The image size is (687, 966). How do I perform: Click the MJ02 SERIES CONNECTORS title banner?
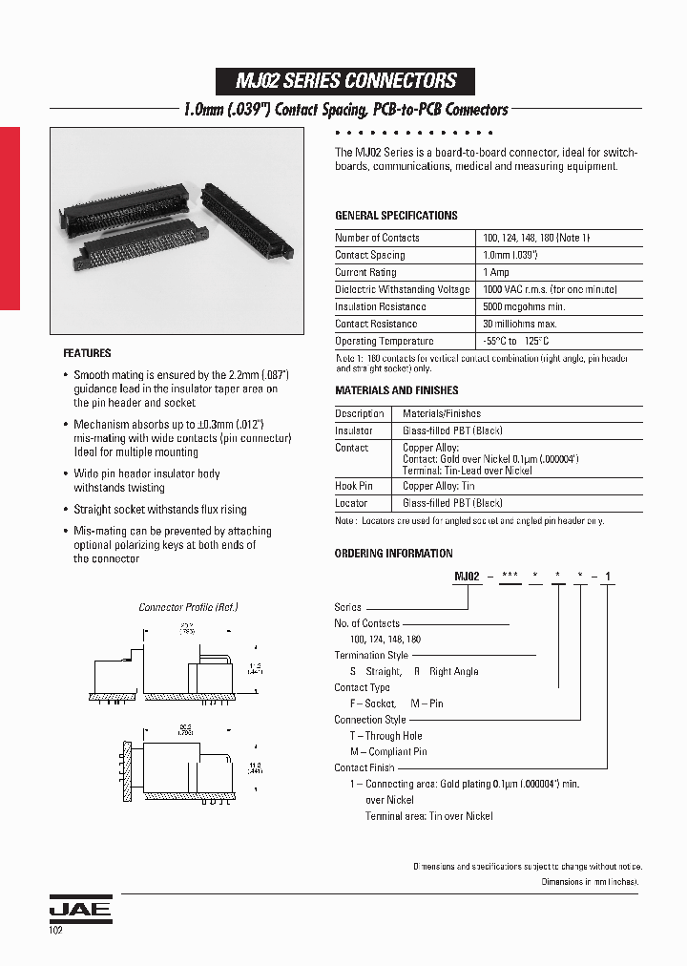pyautogui.click(x=347, y=81)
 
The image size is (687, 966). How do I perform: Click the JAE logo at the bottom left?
pyautogui.click(x=80, y=910)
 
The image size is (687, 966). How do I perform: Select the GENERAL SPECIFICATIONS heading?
pyautogui.click(x=396, y=216)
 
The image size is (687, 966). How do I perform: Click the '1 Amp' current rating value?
pyautogui.click(x=496, y=272)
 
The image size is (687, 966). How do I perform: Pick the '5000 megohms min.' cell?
pyautogui.click(x=524, y=306)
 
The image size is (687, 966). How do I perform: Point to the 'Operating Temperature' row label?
pyautogui.click(x=384, y=341)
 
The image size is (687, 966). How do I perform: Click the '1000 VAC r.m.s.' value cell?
pyautogui.click(x=536, y=289)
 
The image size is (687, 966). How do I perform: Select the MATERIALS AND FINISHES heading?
pyautogui.click(x=396, y=390)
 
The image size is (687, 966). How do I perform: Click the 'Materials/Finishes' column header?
pyautogui.click(x=441, y=413)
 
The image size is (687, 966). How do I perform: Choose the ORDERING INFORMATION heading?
pyautogui.click(x=393, y=554)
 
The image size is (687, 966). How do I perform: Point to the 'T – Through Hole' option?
pyautogui.click(x=385, y=736)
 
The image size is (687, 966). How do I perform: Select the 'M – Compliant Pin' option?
pyautogui.click(x=388, y=751)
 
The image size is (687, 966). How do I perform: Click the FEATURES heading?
pyautogui.click(x=87, y=353)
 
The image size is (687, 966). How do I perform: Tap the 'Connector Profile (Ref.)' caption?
pyautogui.click(x=188, y=607)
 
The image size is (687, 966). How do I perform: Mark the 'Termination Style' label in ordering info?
pyautogui.click(x=371, y=655)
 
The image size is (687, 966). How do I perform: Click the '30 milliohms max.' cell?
pyautogui.click(x=521, y=324)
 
